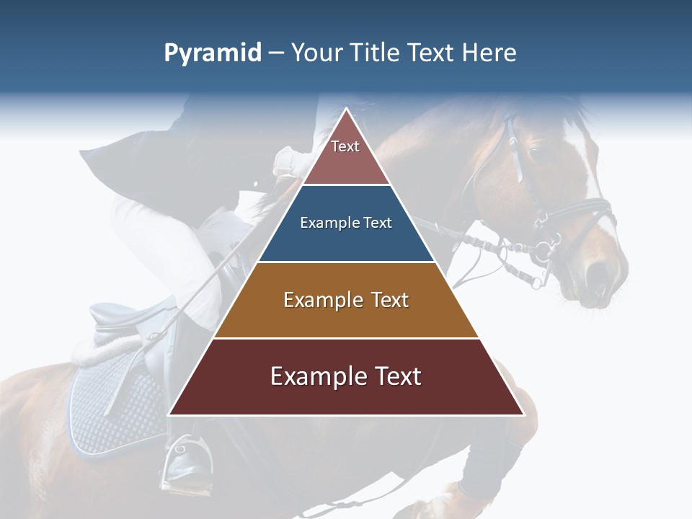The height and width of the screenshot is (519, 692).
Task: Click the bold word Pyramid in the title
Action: [x=213, y=53]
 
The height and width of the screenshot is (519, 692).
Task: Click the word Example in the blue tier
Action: [x=324, y=223]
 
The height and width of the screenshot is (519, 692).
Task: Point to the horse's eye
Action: [x=535, y=152]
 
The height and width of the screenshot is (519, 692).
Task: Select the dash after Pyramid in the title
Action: [x=276, y=53]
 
